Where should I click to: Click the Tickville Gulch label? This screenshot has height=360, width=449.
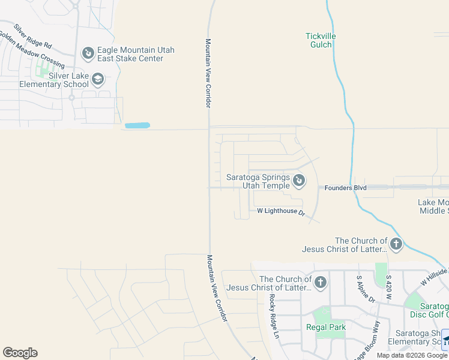click(321, 40)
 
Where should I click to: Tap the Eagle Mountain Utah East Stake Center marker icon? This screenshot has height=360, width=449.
click(88, 54)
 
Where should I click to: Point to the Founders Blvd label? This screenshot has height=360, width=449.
click(345, 187)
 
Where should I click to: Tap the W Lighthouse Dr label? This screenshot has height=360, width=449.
click(281, 211)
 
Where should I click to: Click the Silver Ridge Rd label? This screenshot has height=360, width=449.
click(33, 37)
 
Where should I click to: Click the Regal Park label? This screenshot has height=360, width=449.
click(326, 327)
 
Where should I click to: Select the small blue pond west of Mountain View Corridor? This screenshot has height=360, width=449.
click(137, 126)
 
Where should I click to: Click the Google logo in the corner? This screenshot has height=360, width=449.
click(20, 353)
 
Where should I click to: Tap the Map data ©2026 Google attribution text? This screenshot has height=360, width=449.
click(412, 355)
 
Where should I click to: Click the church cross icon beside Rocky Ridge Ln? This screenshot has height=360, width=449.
click(321, 283)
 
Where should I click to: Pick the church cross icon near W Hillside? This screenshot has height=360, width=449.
click(396, 244)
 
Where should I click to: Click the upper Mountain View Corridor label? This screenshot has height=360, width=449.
click(208, 74)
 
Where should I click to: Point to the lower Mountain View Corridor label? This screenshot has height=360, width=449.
click(218, 288)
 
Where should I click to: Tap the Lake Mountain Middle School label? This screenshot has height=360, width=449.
click(433, 206)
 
